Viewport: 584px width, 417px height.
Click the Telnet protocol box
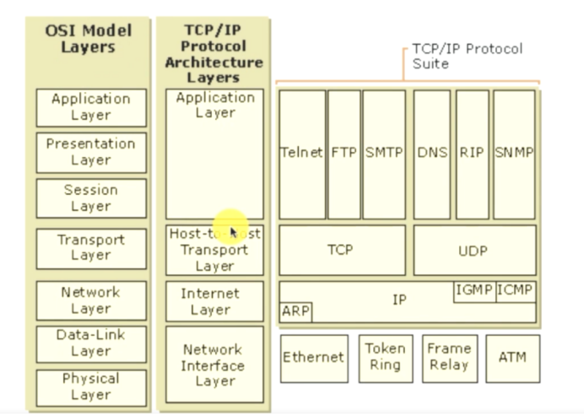click(302, 154)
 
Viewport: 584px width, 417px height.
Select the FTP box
click(343, 154)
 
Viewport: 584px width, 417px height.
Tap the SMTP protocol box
click(384, 154)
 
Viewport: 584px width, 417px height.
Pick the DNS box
click(432, 154)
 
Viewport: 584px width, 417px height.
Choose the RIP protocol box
click(472, 154)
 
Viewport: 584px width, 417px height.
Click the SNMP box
click(514, 154)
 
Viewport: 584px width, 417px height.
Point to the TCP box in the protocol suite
click(340, 250)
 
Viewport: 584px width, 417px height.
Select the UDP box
click(474, 250)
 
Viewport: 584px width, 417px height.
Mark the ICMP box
click(516, 291)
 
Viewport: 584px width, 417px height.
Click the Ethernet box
click(313, 357)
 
